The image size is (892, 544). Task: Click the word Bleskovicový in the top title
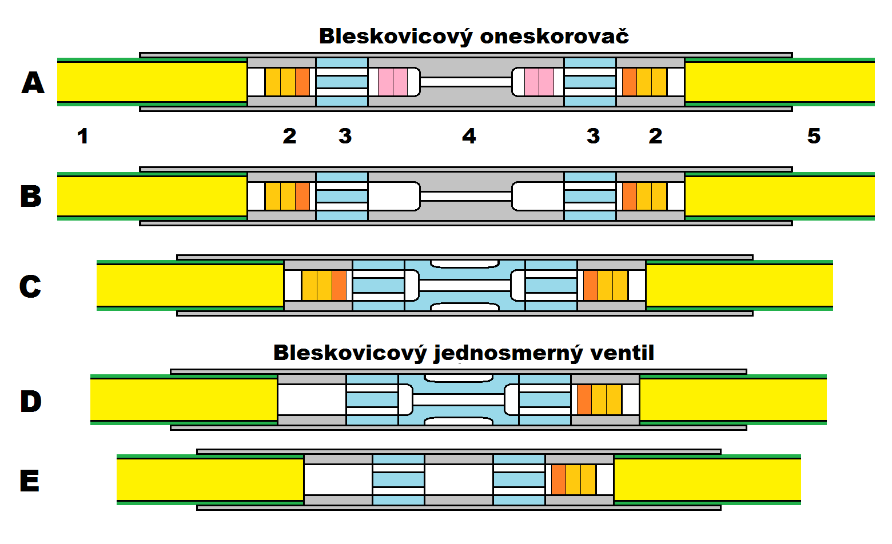[396, 37]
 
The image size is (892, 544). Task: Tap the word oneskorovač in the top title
[554, 37]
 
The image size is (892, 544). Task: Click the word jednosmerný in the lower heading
[508, 354]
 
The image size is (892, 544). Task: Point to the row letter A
[33, 83]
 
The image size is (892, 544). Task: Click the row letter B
[31, 196]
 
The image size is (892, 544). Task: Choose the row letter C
[30, 286]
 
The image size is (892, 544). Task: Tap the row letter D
[31, 401]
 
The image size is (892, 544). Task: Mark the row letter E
[30, 481]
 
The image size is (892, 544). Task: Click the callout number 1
[83, 136]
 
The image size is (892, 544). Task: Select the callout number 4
[469, 136]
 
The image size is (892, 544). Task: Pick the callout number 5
[814, 136]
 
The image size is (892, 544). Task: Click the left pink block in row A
[393, 82]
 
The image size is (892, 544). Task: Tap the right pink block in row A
[539, 82]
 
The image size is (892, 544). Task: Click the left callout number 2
[289, 136]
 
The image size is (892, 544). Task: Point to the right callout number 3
[593, 136]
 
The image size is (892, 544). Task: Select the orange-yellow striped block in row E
[574, 479]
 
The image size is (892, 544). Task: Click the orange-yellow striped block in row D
[599, 399]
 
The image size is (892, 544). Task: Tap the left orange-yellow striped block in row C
[324, 285]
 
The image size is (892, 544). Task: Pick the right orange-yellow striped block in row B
[644, 196]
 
